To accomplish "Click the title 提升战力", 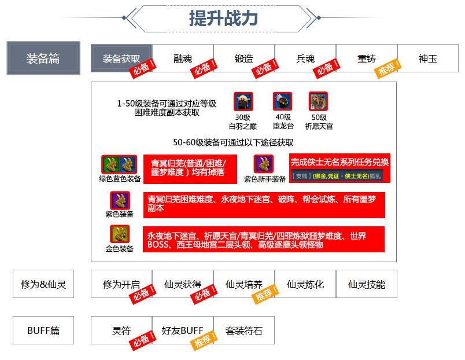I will pos(223,18).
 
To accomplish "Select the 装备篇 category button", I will pos(43,58).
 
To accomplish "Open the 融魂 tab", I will pos(183,58).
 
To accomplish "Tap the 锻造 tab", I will pos(244,58).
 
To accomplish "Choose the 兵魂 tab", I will pos(305,58).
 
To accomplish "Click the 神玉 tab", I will pos(428,58).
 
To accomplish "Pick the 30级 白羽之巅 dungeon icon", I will pos(242,102).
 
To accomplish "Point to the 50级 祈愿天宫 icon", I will pos(319,102).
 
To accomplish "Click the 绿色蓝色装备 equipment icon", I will pos(119,164).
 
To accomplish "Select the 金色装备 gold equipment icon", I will pos(120,234).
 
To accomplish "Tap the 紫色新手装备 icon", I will pos(263,164).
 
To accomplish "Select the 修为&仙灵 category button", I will pos(43,284).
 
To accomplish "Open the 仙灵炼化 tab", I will pos(305,284).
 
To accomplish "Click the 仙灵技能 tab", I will pos(367,284).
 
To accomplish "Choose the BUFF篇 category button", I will pos(43,331).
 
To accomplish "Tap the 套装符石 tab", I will pos(244,331).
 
